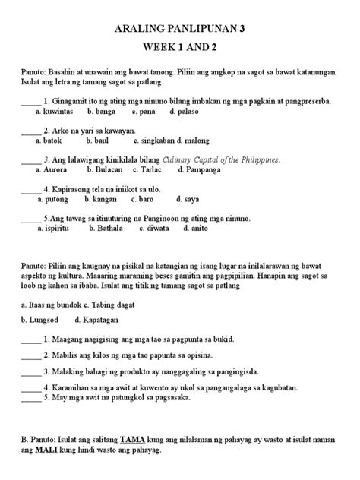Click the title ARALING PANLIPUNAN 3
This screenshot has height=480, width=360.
coord(179,29)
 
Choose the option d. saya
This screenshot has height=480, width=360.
coord(186,199)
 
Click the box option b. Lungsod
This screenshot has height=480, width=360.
coord(40,320)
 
